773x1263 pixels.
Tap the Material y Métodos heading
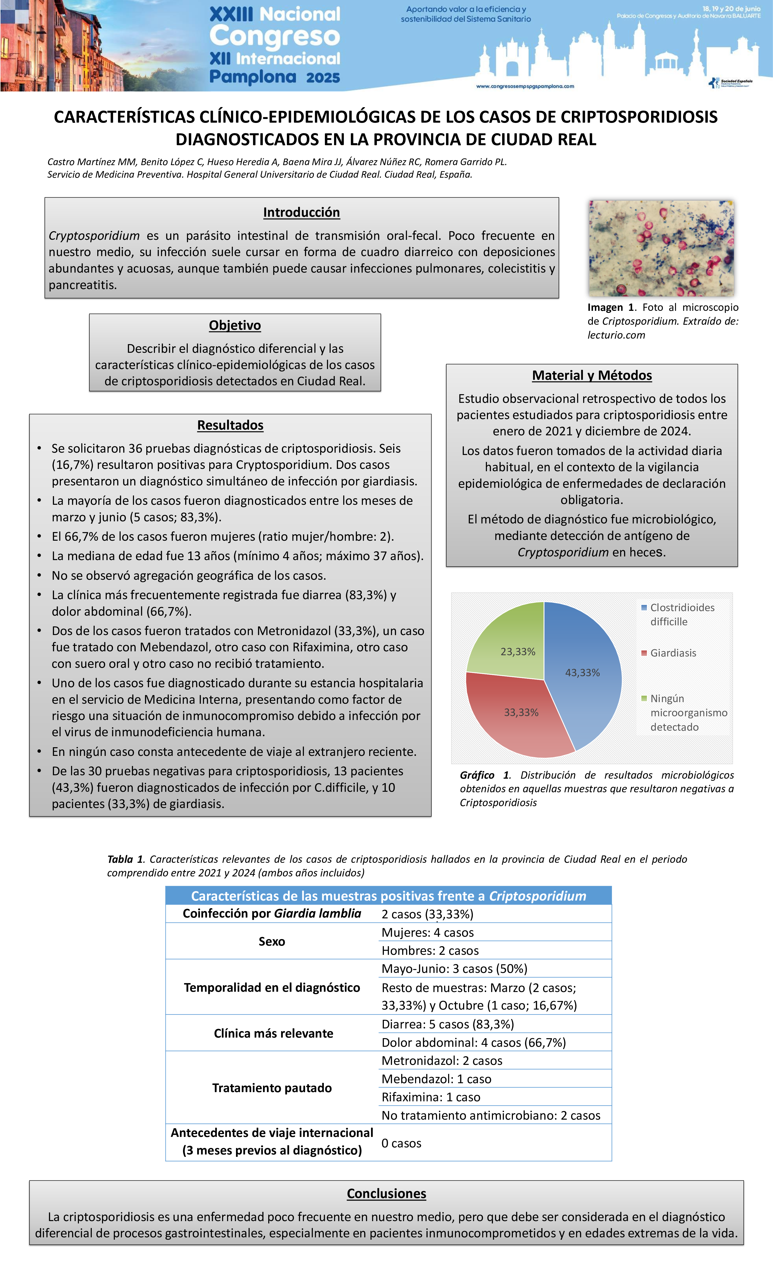[x=592, y=375]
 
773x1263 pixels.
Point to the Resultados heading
[x=230, y=425]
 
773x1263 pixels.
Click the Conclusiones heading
[x=386, y=1193]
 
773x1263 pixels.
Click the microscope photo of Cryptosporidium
[x=661, y=248]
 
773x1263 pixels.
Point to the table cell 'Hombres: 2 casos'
[x=430, y=950]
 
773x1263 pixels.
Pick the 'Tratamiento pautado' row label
[x=272, y=1088]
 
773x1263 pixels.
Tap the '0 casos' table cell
[x=401, y=1143]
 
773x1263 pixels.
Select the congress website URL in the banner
[x=525, y=86]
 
